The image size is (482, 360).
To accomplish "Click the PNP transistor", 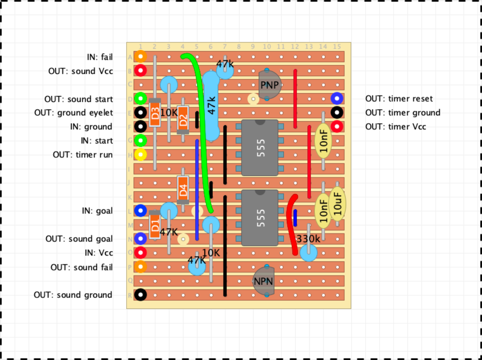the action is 270,85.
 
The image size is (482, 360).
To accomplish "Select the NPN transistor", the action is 263,280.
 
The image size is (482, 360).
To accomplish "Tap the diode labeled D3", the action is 154,112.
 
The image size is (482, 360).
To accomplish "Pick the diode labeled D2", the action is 183,120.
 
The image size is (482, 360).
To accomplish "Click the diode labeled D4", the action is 183,190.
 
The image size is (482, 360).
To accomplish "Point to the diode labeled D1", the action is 154,225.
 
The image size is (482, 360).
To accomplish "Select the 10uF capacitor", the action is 337,204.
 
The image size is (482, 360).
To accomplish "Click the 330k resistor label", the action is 308,239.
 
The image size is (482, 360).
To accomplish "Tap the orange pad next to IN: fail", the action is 140,56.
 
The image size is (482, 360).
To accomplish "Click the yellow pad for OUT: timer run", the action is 140,154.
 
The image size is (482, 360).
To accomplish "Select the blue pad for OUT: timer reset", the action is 337,98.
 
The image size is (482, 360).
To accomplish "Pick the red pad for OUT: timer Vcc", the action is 337,127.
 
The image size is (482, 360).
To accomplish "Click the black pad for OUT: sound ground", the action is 140,295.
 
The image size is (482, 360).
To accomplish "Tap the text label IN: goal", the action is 97,211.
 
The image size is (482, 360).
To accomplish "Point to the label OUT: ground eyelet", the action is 73,113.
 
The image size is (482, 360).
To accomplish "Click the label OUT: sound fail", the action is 81,267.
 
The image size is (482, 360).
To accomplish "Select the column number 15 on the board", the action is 337,47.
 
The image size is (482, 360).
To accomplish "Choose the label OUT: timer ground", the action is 403,113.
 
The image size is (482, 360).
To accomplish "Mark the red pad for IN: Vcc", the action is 140,252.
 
